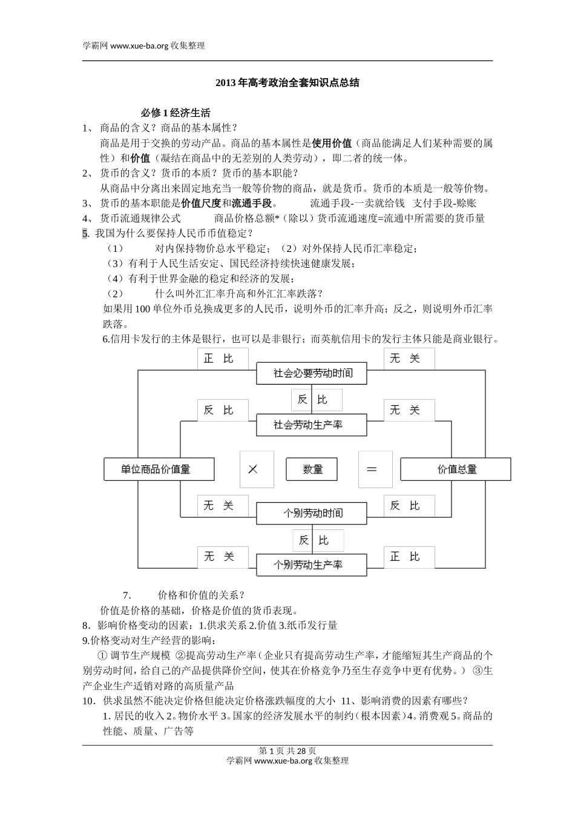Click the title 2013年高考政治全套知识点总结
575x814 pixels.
(287, 83)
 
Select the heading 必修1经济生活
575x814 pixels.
(176, 113)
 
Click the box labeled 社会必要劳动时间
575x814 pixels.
(312, 373)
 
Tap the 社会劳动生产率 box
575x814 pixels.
(312, 425)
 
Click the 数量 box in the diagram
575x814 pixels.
(312, 469)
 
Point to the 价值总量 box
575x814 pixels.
(456, 469)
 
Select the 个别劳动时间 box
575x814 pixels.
(312, 514)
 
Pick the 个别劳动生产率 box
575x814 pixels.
(312, 565)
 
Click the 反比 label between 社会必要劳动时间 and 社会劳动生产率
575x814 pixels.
(317, 400)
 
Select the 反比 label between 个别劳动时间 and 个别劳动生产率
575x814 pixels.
(318, 540)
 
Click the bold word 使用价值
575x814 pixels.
(332, 144)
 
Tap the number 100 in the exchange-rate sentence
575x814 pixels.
(143, 309)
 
